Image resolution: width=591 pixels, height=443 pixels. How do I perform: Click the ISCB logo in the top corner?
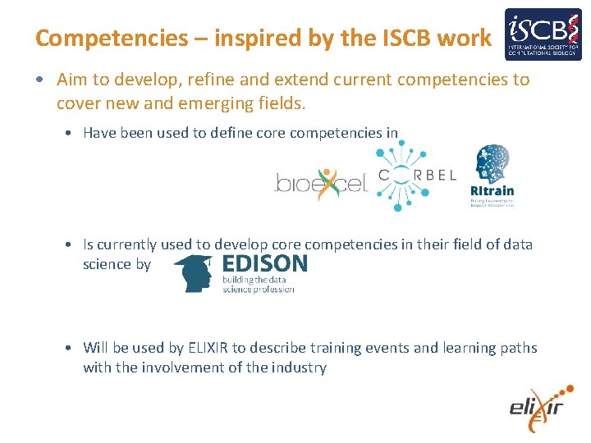coord(543,35)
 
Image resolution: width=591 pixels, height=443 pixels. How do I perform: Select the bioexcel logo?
coord(320,181)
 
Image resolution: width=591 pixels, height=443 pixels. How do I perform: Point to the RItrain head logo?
coord(492,175)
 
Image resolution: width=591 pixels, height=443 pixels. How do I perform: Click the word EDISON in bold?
coord(265,264)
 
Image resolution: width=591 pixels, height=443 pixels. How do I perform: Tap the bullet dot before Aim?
coord(40,80)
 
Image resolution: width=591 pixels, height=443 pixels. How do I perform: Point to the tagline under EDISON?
coord(258,285)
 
